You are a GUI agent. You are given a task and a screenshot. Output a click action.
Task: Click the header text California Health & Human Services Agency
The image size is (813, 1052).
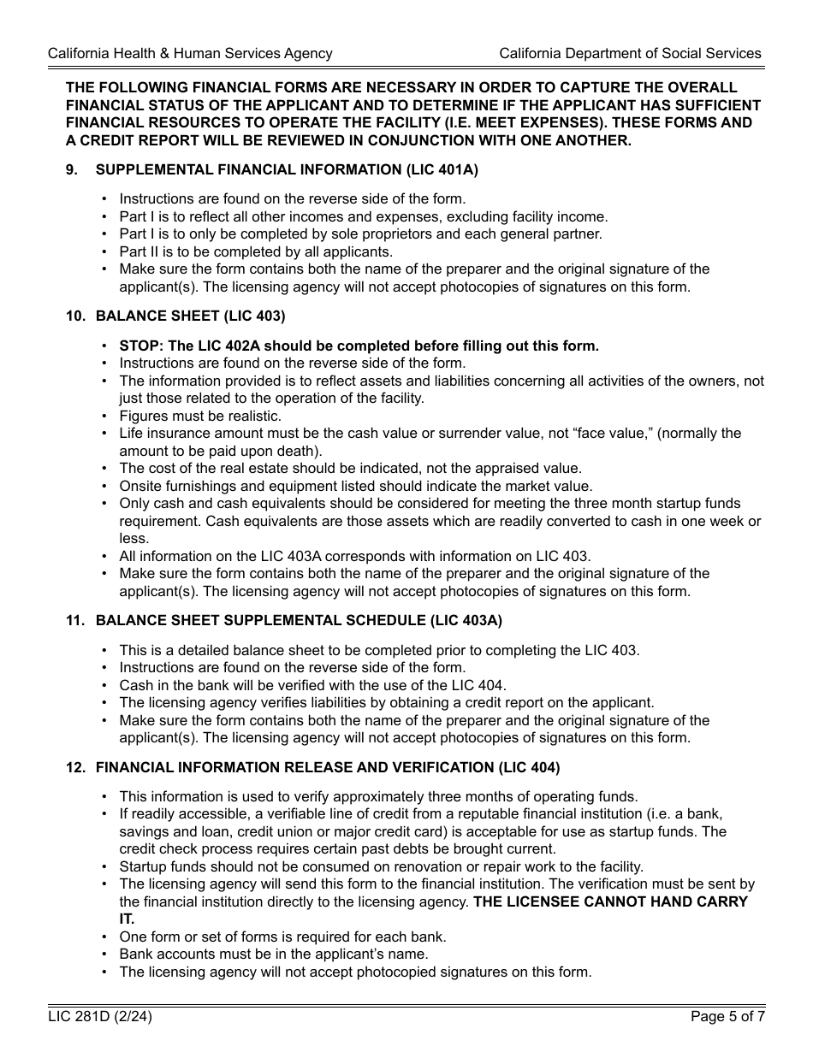[190, 53]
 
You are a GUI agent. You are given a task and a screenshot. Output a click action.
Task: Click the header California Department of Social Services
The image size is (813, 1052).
[630, 53]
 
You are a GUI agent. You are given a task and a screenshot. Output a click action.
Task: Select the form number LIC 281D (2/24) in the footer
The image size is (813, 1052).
[101, 1017]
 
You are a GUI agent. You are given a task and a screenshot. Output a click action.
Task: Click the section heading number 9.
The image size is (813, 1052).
[72, 170]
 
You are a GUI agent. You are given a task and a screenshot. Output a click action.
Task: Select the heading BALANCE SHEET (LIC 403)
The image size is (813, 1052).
[190, 316]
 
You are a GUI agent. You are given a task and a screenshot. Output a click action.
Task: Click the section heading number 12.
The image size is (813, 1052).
[75, 767]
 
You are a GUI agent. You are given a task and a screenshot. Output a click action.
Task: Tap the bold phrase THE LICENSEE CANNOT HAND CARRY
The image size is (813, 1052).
[610, 901]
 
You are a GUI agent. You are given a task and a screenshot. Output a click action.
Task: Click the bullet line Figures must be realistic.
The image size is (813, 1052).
[200, 416]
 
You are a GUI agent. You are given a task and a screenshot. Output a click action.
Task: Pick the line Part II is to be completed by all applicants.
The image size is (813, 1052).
[256, 251]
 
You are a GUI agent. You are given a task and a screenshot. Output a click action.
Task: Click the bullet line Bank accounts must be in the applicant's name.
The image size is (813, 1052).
[274, 954]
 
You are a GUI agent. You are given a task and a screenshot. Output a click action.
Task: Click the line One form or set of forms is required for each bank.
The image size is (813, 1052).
[282, 937]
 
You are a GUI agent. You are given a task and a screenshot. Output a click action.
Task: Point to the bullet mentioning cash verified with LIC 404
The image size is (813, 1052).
[312, 685]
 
